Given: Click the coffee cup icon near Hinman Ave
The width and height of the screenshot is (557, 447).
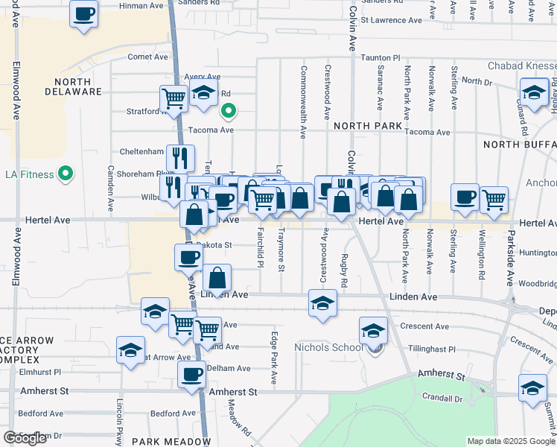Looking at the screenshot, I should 84,13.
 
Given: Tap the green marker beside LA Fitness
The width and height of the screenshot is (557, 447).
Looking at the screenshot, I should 66,174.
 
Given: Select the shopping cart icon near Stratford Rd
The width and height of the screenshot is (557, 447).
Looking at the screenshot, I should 174,98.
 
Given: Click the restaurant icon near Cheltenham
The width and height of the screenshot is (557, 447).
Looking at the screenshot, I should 180,157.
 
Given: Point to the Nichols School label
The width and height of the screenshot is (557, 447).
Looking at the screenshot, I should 328,347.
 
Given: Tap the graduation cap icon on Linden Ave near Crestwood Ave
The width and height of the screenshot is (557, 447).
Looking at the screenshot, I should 322,303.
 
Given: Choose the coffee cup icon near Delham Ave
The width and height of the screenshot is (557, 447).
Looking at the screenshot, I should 191,374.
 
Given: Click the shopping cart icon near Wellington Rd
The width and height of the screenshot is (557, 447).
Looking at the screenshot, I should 493,200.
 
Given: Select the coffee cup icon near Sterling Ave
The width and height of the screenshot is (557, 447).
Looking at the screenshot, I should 465,197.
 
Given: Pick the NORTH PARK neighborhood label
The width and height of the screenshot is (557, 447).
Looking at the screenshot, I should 368,126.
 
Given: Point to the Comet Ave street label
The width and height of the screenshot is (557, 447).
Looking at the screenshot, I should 148,57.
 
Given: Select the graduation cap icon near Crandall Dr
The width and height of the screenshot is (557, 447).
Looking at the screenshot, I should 533,390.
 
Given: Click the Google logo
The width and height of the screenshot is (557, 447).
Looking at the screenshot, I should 25,438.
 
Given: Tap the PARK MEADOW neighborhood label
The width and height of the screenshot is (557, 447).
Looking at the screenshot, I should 171,442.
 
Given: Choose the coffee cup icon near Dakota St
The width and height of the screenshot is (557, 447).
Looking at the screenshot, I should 188,257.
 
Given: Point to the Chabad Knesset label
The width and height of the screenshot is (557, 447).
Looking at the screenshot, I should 521,66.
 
